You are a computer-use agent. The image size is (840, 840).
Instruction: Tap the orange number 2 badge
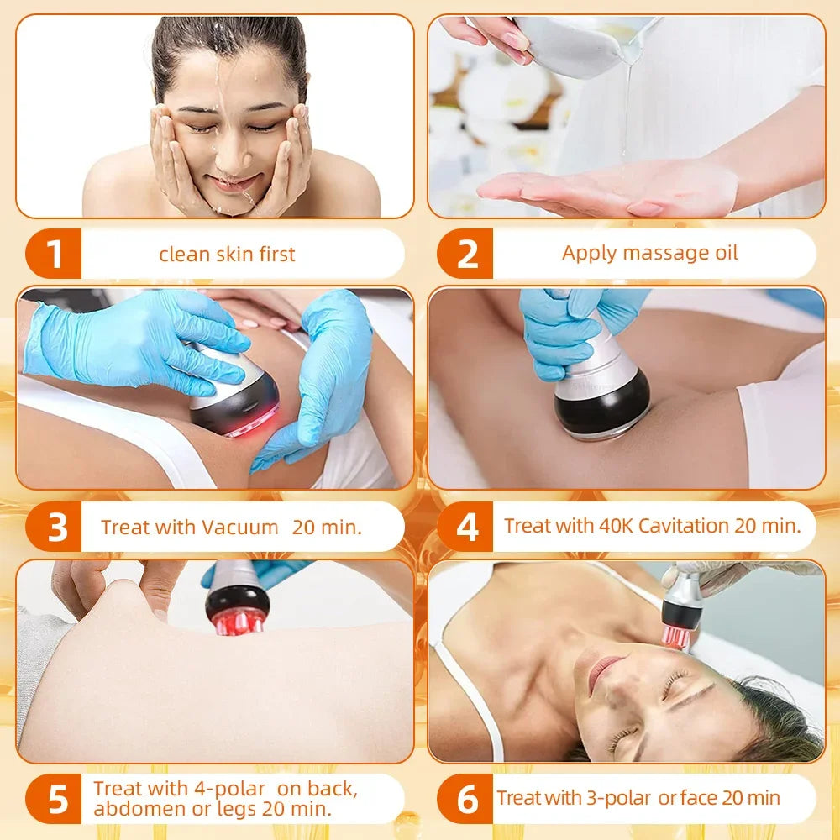[466, 255]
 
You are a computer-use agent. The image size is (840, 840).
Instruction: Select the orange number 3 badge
[56, 528]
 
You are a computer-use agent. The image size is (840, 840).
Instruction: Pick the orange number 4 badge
[467, 528]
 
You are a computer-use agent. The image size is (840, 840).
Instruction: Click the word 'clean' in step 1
[183, 255]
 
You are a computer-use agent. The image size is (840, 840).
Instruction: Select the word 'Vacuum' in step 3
[239, 528]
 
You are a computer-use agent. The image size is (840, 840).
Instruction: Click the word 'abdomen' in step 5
[134, 810]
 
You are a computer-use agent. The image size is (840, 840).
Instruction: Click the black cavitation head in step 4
[602, 404]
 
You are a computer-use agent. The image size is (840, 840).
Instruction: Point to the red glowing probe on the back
[239, 608]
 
